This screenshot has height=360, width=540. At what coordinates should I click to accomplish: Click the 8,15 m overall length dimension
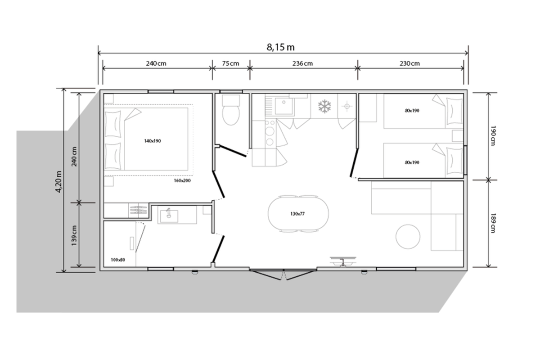[x=280, y=47]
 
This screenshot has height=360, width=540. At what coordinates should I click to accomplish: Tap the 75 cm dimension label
[x=230, y=63]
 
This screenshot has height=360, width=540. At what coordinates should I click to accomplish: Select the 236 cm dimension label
[x=302, y=63]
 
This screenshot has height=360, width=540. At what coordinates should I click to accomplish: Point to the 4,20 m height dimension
[x=58, y=181]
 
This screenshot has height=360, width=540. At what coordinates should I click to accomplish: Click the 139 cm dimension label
[x=74, y=236]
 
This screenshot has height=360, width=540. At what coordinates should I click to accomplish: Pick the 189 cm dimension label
[x=493, y=223]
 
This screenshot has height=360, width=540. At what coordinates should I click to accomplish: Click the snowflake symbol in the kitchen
[x=324, y=106]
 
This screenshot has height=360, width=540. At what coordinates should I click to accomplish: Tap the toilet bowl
[x=231, y=115]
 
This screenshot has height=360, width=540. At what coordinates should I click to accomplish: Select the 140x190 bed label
[x=153, y=141]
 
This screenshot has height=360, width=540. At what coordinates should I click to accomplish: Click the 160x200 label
[x=182, y=180]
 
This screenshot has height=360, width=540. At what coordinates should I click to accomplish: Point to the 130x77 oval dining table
[x=298, y=214]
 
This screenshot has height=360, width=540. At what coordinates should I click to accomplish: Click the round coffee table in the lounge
[x=408, y=237]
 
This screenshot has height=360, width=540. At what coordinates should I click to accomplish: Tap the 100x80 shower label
[x=118, y=260]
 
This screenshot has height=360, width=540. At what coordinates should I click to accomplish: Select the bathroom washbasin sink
[x=169, y=215]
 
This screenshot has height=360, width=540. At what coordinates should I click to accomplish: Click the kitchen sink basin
[x=284, y=106]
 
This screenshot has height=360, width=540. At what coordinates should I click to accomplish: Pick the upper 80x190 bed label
[x=412, y=111]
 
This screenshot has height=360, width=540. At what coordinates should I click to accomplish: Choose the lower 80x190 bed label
[x=412, y=162]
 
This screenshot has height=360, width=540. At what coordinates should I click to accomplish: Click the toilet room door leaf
[x=233, y=151]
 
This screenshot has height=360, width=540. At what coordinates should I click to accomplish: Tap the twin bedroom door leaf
[x=354, y=163]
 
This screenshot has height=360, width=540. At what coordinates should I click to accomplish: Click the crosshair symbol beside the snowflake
[x=347, y=106]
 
